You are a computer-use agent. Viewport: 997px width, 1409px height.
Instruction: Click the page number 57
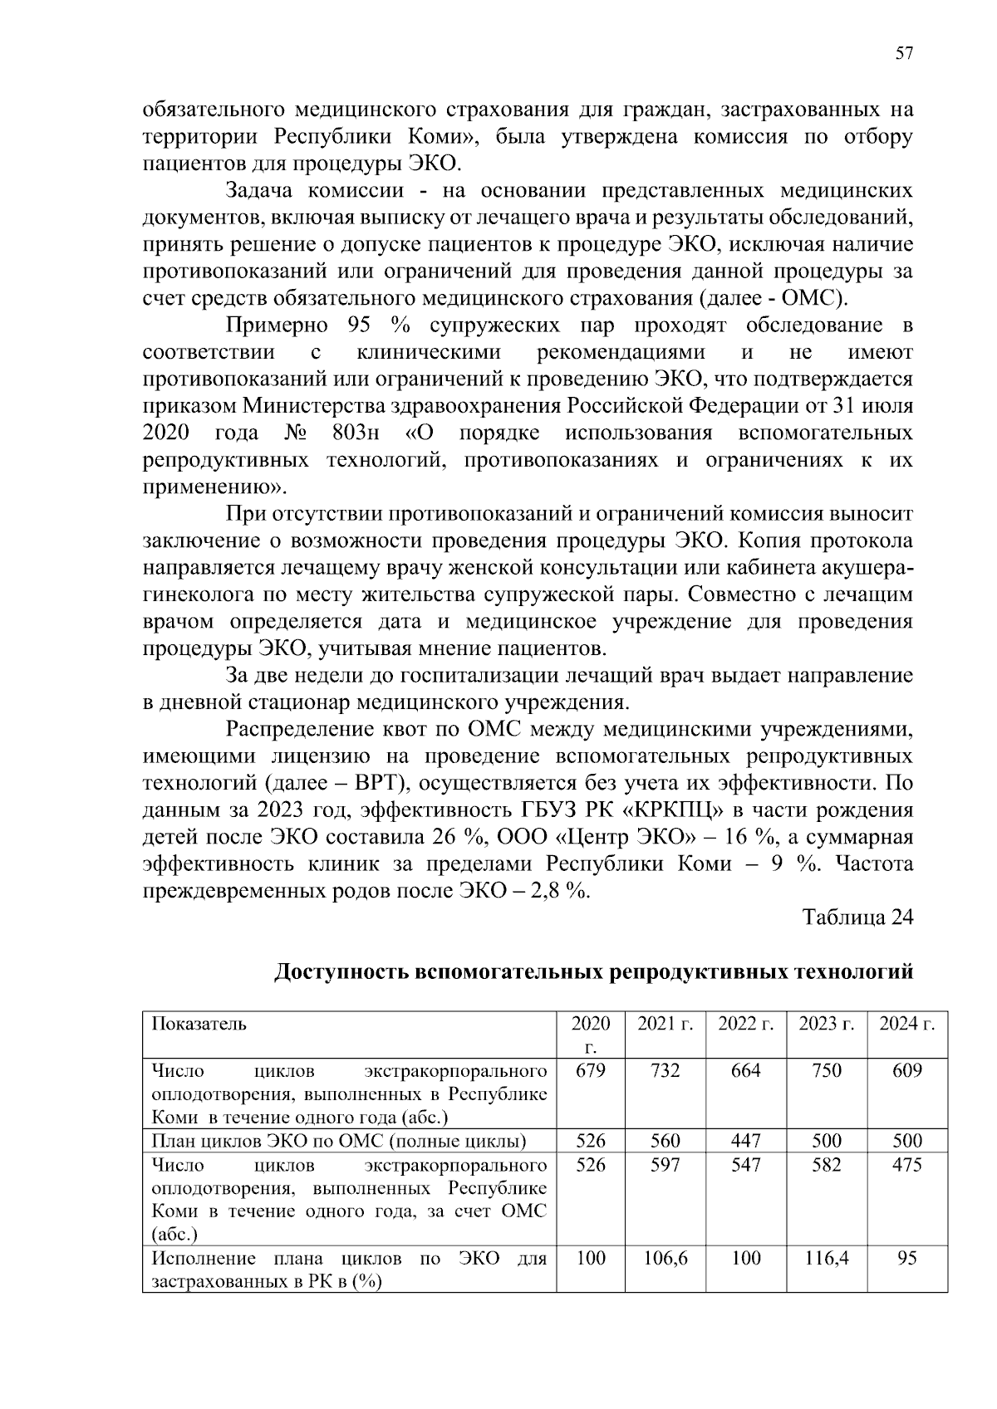tap(904, 54)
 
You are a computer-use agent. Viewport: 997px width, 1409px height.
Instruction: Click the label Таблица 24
tap(857, 917)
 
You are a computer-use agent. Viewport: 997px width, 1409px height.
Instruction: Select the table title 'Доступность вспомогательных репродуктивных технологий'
tap(594, 971)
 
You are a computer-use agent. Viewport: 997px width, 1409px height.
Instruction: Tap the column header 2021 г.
tap(665, 1024)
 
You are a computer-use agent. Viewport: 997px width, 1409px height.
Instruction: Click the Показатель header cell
tap(199, 1024)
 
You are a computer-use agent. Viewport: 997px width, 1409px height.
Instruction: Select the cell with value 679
tap(590, 1070)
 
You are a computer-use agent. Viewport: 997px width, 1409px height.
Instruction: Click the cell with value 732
tap(665, 1070)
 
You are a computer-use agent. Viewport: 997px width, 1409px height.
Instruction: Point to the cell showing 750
tap(826, 1070)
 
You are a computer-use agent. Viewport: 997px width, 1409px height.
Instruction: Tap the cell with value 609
tap(907, 1070)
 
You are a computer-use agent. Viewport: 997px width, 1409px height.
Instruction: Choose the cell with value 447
tap(745, 1141)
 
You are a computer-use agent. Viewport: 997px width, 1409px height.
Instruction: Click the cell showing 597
tap(665, 1165)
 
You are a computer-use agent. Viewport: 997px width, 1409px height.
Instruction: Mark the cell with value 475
tap(907, 1165)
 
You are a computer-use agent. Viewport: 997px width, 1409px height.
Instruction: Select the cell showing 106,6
tap(665, 1259)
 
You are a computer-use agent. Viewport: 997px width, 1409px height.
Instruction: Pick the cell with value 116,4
tap(826, 1259)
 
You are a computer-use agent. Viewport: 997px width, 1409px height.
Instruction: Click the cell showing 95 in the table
tap(907, 1259)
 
